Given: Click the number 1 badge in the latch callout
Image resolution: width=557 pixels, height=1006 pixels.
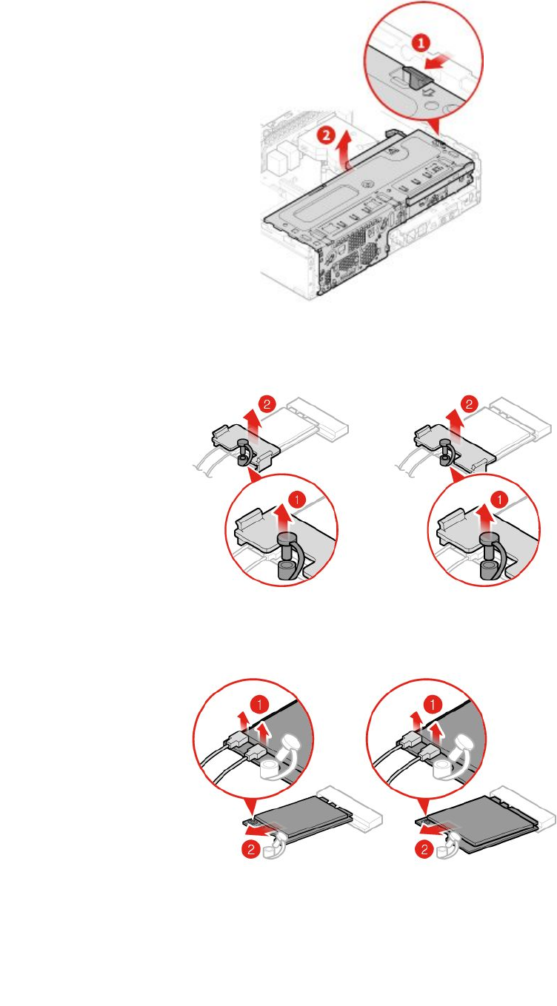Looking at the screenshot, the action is pos(421,43).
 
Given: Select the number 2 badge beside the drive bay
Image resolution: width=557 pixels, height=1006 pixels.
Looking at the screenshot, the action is pos(326,135).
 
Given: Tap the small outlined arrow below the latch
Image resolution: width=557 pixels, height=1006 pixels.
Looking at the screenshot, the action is pos(429,93).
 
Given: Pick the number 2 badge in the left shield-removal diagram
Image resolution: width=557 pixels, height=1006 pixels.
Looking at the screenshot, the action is pos(267,404).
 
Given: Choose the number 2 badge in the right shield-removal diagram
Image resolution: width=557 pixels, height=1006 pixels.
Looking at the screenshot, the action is pos(470,404).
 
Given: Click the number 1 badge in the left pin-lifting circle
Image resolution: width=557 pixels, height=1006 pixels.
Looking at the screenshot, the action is pos(297,499).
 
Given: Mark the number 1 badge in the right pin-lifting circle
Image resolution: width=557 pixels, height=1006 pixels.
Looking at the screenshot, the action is pos(499,499).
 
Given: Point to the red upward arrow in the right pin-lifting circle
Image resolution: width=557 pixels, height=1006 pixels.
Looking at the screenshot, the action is pos(484,516).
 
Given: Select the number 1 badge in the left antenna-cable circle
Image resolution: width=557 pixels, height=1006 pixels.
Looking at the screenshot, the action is pos(259,705).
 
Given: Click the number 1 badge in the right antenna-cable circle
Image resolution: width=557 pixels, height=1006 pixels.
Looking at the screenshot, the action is pos(433,705).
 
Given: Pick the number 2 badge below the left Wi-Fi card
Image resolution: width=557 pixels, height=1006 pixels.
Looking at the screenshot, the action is pos(251,849).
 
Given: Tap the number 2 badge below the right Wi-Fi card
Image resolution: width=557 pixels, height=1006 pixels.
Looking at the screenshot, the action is pos(424,849).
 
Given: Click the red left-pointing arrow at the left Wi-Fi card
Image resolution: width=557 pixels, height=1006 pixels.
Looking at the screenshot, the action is pos(260,831).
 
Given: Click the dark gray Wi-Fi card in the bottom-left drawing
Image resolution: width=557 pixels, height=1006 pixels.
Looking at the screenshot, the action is pos(300,816).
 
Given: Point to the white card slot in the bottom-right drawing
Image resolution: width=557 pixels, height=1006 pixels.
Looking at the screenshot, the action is pos(521,808).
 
